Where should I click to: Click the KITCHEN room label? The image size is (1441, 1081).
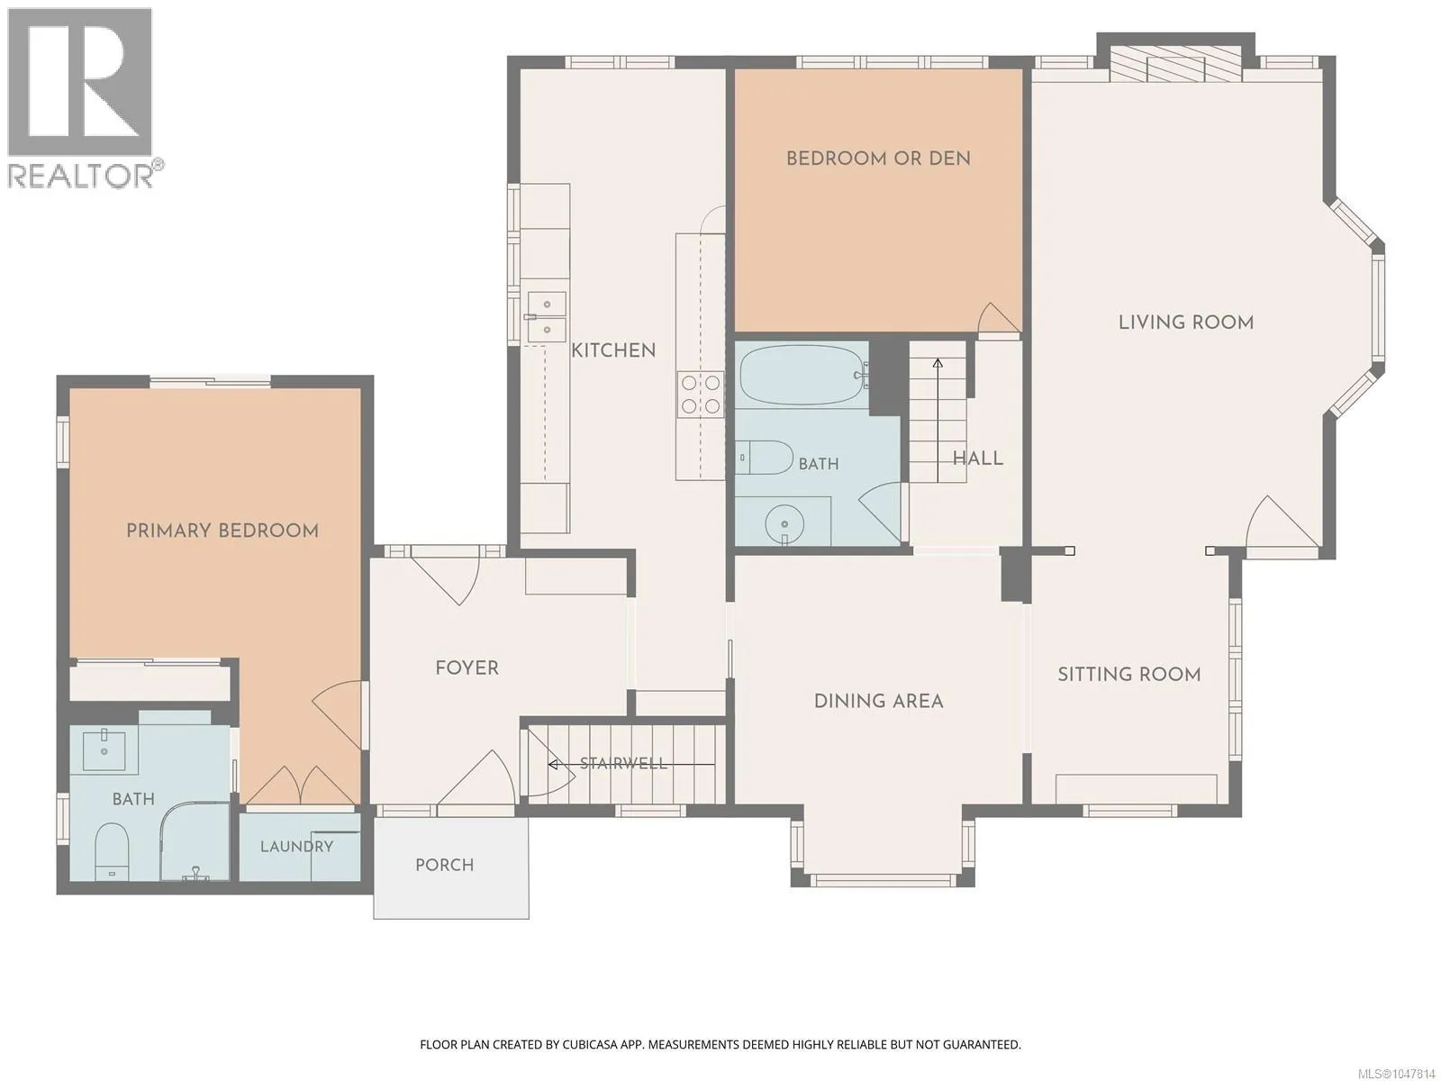[x=613, y=350]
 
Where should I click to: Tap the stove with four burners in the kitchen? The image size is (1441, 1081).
[x=701, y=394]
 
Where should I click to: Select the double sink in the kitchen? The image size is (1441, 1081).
[x=546, y=318]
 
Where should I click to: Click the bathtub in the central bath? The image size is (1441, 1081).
[x=802, y=375]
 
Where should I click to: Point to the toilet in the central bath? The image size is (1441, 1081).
[x=764, y=458]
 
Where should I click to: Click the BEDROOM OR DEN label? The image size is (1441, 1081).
[x=878, y=159]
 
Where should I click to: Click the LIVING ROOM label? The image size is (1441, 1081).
[x=1186, y=322]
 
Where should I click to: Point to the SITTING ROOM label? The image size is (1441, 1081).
[x=1129, y=674]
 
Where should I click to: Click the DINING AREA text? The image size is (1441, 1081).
[x=878, y=701]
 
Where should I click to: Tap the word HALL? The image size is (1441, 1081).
[x=977, y=459]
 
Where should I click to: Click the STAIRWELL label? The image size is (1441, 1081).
[x=623, y=763]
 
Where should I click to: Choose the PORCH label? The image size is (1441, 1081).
[x=444, y=865]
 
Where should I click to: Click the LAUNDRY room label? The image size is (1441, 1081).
[x=296, y=847]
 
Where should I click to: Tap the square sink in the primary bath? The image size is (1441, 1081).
[x=104, y=750]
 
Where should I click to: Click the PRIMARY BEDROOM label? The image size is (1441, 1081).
[x=222, y=531]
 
